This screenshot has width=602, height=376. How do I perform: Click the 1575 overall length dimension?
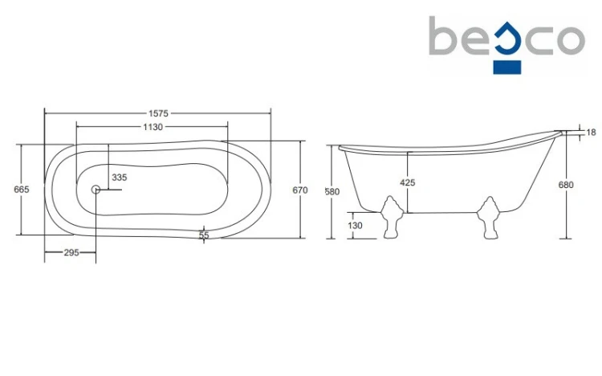[x=158, y=113]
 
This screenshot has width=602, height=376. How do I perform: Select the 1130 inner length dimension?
[x=153, y=127]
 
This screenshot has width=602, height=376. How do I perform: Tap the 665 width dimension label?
[x=22, y=189]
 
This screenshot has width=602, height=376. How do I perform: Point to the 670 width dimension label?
[x=300, y=190]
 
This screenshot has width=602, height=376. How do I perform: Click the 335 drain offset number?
[x=120, y=178]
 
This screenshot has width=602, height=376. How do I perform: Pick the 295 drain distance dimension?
[x=71, y=252]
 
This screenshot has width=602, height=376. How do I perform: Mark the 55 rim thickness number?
[x=204, y=235]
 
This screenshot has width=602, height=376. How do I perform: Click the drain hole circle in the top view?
[x=96, y=189]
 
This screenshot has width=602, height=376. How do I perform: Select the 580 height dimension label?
[x=332, y=191]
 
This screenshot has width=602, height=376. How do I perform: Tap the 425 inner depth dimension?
[x=407, y=182]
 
